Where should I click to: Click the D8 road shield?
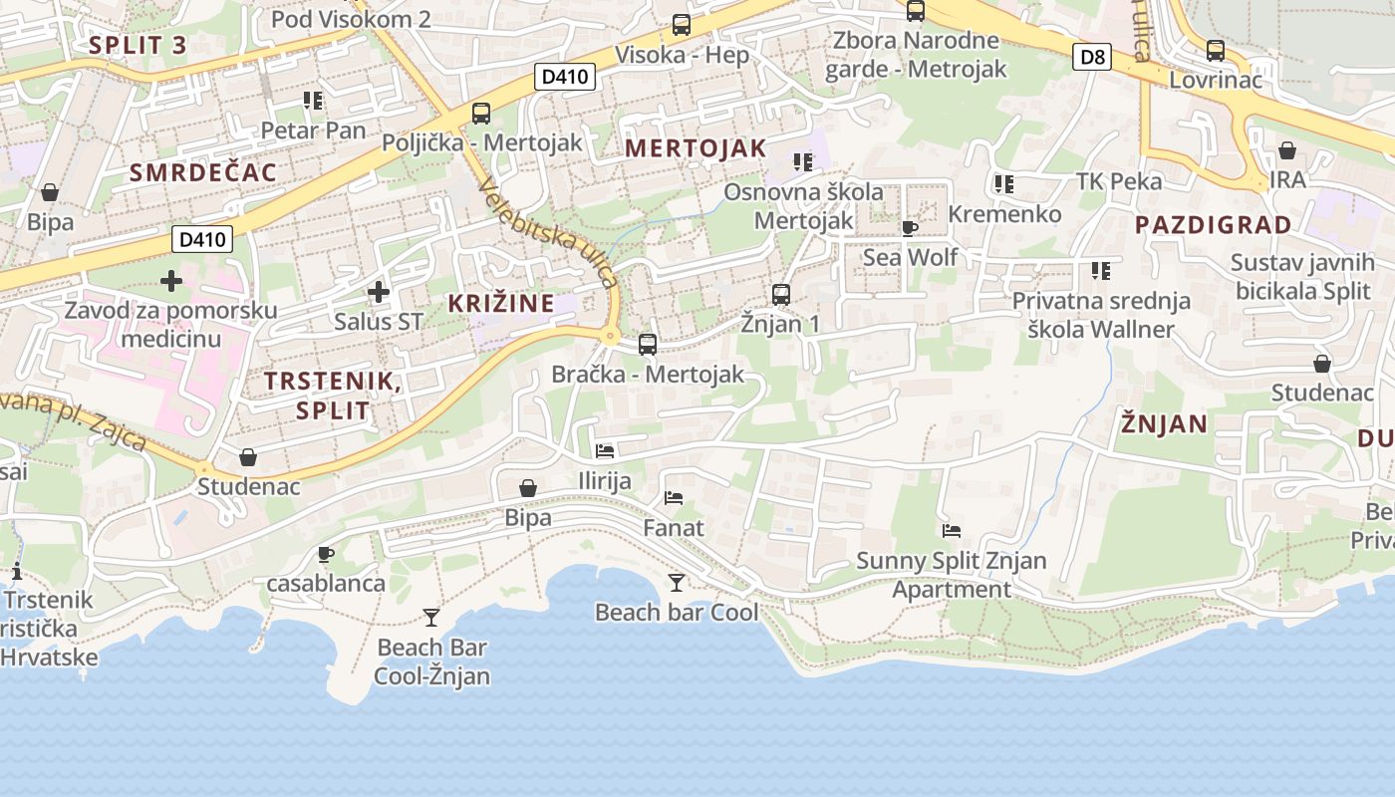[1093, 56]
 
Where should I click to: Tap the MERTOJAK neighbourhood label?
[696, 148]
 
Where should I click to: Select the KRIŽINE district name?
[500, 303]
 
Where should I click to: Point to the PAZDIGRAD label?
[1213, 224]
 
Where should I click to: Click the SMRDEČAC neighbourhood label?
[203, 171]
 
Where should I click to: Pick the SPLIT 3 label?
[138, 44]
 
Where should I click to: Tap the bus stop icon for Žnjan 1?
[781, 295]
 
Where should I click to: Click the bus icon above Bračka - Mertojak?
[648, 345]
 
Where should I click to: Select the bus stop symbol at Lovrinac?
[1216, 51]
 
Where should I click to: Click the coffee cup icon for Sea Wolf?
[910, 228]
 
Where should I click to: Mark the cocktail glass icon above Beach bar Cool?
[677, 583]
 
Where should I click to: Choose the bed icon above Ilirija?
[605, 451]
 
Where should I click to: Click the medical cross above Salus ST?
[379, 292]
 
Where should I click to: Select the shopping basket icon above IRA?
[1287, 150]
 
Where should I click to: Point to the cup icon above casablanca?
[325, 554]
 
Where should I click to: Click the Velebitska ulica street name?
[549, 231]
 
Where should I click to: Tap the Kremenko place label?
[1004, 214]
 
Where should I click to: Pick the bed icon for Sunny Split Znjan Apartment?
[952, 531]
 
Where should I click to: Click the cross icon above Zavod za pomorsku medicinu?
[171, 281]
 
